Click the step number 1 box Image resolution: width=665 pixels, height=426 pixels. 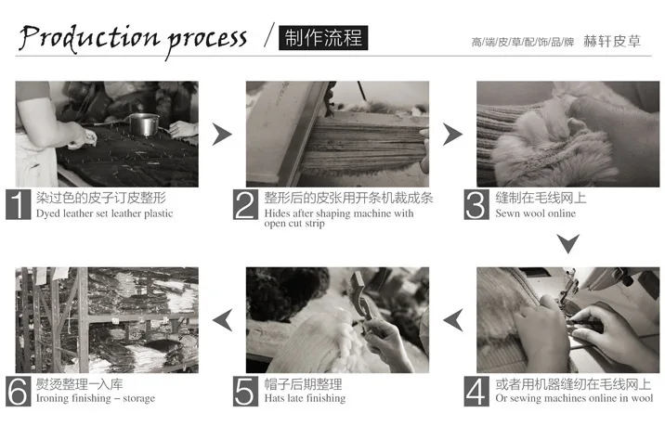(x=19, y=204)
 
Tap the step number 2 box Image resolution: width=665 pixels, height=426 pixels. (x=245, y=204)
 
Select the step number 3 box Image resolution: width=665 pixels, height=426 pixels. (x=476, y=204)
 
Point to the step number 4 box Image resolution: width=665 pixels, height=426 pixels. (x=476, y=392)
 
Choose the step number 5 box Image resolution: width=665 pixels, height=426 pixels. (x=245, y=392)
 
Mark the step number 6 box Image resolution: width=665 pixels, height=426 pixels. (x=19, y=392)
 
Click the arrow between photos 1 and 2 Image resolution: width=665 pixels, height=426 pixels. (x=222, y=135)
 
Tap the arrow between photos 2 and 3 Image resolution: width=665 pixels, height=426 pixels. (x=452, y=135)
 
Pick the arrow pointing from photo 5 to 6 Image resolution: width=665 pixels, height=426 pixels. (x=222, y=320)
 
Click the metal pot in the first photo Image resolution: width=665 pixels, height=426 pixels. (x=144, y=124)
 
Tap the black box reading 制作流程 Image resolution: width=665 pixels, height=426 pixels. (x=323, y=38)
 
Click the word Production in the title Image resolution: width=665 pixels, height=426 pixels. (x=89, y=38)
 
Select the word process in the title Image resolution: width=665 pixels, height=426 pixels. (x=206, y=41)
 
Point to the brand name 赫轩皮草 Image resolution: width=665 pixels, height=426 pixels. (x=611, y=41)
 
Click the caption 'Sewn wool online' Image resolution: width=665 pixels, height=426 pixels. (x=535, y=213)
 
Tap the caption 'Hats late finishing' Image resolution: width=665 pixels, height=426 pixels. (x=305, y=398)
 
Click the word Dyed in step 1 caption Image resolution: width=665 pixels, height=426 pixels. (x=48, y=213)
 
